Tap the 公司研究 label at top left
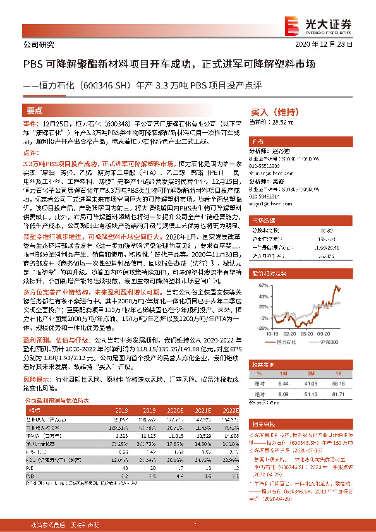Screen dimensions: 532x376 point(39,45)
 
